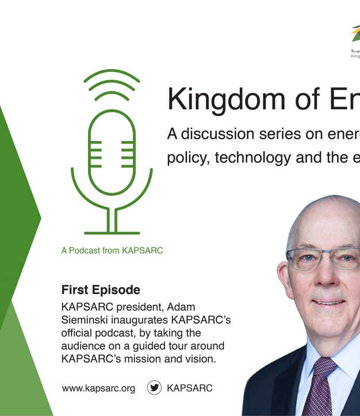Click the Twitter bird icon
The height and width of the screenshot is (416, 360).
[155, 388]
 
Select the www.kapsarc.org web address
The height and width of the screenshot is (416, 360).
[98, 388]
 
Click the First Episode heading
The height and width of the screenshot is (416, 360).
[101, 289]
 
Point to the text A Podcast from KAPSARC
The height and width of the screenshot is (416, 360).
[112, 251]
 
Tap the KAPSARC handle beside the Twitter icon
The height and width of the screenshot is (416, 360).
[189, 388]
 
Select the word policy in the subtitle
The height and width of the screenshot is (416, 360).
[185, 158]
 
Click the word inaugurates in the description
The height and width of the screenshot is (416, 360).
[150, 320]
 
